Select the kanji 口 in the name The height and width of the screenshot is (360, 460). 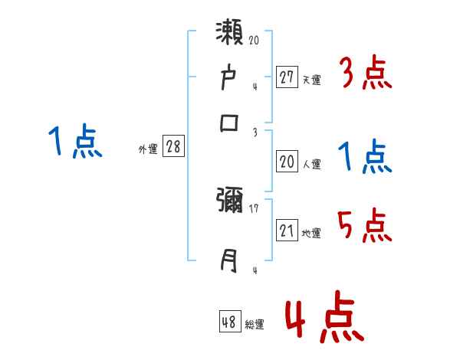pyautogui.click(x=230, y=123)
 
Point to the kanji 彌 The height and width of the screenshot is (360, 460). pyautogui.click(x=230, y=204)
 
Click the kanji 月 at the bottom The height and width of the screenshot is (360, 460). pyautogui.click(x=230, y=260)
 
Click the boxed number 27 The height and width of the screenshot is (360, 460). pyautogui.click(x=287, y=77)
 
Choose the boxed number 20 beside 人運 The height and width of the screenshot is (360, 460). pyautogui.click(x=287, y=162)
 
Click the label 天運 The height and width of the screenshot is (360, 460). pyautogui.click(x=311, y=79)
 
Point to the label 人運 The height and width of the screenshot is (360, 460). pyautogui.click(x=311, y=164)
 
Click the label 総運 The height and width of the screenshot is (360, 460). pyautogui.click(x=255, y=324)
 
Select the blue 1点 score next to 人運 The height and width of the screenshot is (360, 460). pyautogui.click(x=365, y=158)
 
